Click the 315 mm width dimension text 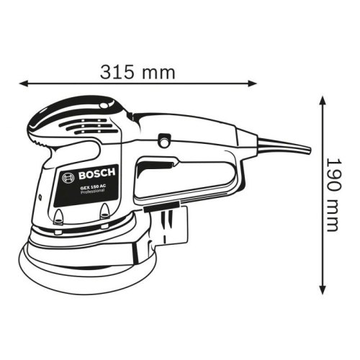(x=136, y=73)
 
